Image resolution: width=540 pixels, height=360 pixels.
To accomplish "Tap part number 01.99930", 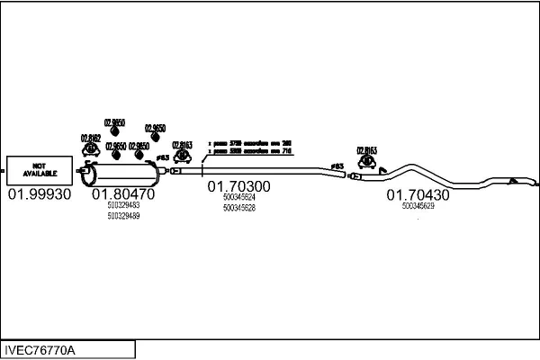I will coord(39,194).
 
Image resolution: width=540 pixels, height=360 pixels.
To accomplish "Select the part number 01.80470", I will coord(122,194).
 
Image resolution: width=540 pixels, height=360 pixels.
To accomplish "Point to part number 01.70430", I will coord(418,193).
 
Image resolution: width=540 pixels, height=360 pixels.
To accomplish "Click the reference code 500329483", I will coord(122,206).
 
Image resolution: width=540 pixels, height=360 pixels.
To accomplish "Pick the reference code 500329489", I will coord(122,216).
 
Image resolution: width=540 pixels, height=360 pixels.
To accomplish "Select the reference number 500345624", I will coord(238,197).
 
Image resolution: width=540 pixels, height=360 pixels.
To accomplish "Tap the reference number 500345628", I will coord(238,208).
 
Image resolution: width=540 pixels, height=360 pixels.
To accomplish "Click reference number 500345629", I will coord(418,206).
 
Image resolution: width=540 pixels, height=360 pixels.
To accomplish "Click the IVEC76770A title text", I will coord(40,349).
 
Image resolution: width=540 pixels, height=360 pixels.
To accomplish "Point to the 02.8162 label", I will coord(91,137).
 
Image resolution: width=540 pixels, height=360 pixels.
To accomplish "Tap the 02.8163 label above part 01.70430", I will coord(366,150).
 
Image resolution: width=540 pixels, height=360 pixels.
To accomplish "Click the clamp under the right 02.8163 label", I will coord(367,163).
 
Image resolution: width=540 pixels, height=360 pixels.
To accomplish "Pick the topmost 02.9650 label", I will coord(115,122).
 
